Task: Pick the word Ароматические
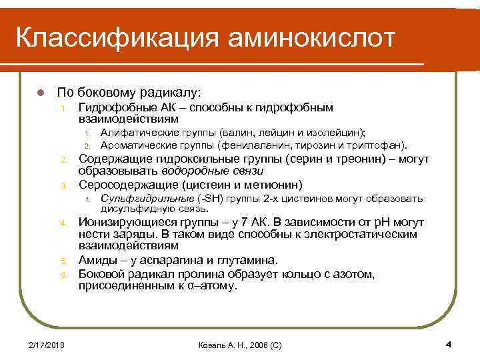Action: tap(138, 145)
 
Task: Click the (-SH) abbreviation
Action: tap(211, 199)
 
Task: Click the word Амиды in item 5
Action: tap(97, 260)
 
